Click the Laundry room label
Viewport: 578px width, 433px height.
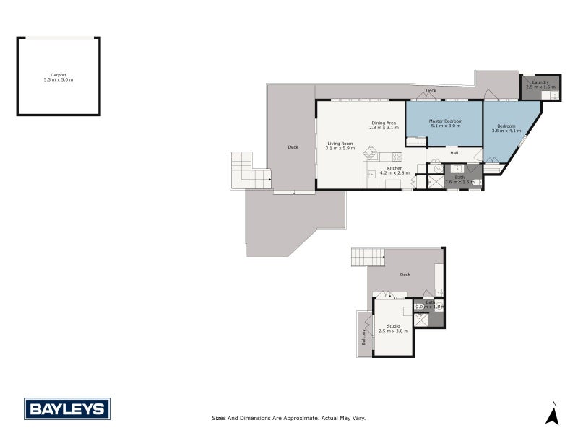click(x=540, y=82)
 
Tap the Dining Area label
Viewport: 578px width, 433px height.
click(x=384, y=123)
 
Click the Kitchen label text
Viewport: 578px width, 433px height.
click(x=394, y=167)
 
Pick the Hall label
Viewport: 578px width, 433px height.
click(x=454, y=153)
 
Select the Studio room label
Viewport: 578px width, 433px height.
click(x=393, y=325)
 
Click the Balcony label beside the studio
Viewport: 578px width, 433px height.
click(x=363, y=336)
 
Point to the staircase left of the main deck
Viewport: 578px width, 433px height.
click(x=249, y=170)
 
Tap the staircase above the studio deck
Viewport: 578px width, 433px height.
click(x=367, y=256)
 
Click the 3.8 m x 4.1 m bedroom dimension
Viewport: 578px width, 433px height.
click(x=506, y=131)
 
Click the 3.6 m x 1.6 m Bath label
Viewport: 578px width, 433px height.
click(x=459, y=182)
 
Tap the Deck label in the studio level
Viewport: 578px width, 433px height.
click(x=405, y=274)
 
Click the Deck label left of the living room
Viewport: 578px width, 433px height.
click(x=293, y=147)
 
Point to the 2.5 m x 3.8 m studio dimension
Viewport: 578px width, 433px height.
click(x=393, y=331)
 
